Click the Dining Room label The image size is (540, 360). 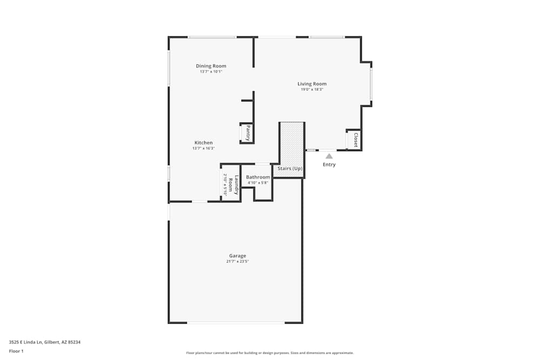(x=211, y=66)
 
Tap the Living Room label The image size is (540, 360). (x=312, y=84)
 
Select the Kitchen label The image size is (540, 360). (x=204, y=142)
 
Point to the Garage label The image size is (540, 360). (x=238, y=256)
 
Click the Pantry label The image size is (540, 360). (x=248, y=133)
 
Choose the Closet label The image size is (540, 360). (x=356, y=140)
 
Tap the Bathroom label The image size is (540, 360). (x=258, y=177)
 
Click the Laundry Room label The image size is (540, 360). (x=233, y=185)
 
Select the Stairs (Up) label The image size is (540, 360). (x=290, y=168)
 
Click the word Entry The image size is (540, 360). (x=329, y=165)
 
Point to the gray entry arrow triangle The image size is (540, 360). (x=329, y=157)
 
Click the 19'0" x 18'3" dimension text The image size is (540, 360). (x=312, y=90)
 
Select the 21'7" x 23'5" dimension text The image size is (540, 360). (x=238, y=261)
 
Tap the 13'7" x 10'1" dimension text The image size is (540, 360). (x=211, y=72)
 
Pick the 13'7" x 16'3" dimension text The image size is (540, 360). (x=204, y=148)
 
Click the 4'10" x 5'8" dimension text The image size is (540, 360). (x=258, y=183)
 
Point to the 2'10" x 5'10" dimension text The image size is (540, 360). (x=225, y=185)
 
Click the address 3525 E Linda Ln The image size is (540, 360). (x=25, y=342)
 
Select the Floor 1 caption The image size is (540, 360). (x=16, y=351)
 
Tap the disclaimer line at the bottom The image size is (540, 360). (x=270, y=353)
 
